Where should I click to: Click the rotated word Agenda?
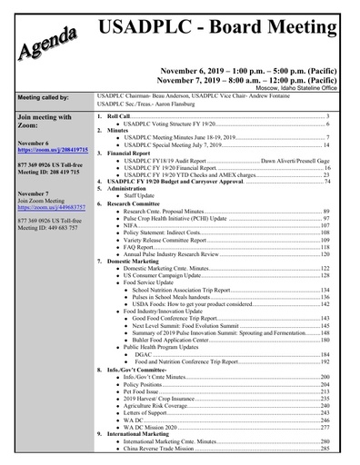(45, 45)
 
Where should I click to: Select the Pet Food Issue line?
(143, 391)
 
